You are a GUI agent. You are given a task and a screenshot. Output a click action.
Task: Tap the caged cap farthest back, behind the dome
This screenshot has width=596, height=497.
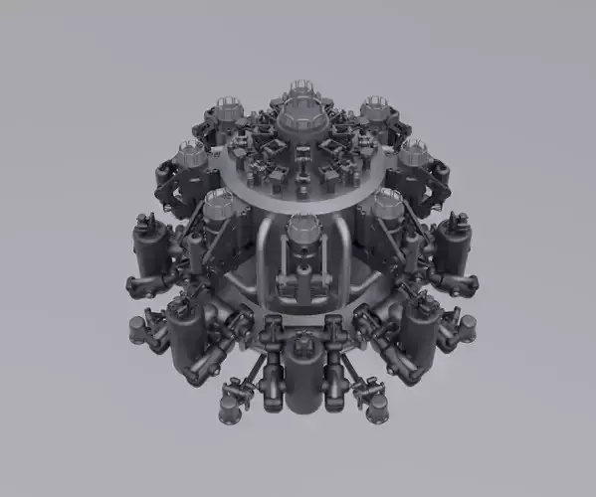tap(299, 92)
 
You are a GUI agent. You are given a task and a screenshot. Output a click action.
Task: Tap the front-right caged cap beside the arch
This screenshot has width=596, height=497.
tap(386, 207)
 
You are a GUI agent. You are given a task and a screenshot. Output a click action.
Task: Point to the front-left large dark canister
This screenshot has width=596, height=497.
tap(186, 333)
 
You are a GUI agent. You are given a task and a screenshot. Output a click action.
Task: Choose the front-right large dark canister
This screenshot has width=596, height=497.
tap(419, 333)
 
